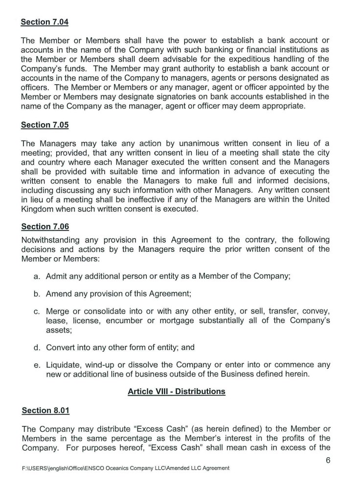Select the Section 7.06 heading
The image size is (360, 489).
point(45,227)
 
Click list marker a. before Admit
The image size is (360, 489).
point(37,276)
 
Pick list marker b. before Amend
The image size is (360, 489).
point(37,294)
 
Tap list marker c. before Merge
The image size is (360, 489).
point(37,312)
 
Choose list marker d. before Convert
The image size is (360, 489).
point(37,348)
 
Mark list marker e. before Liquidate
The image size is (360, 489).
point(37,365)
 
